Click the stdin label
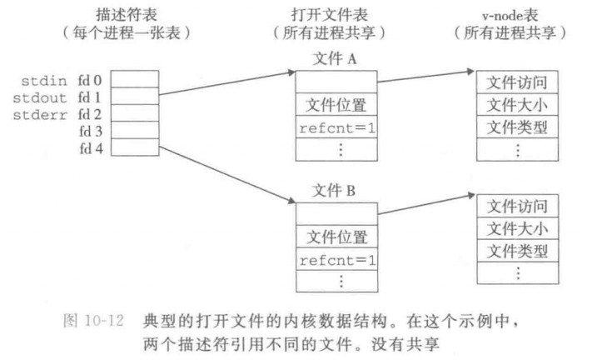42,82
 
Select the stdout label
42,97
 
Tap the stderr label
42,113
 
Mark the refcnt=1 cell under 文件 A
336,129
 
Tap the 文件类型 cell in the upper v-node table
517,127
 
